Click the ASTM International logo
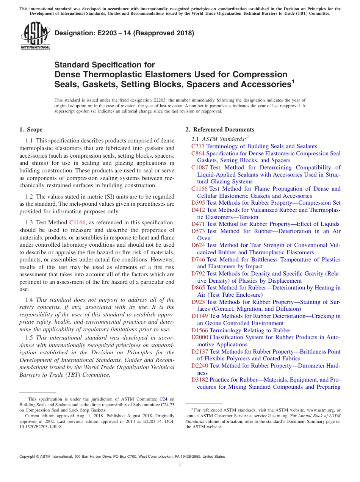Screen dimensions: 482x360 (35, 36)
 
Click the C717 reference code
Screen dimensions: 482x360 (198, 146)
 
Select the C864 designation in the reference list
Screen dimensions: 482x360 (198, 153)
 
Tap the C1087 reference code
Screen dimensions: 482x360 (200, 167)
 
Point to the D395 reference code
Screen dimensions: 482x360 (198, 203)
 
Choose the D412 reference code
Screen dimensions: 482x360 (198, 210)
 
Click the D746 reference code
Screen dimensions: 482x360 (198, 260)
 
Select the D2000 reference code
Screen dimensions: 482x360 (200, 337)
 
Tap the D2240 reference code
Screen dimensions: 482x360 (200, 366)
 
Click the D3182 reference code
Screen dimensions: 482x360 (200, 380)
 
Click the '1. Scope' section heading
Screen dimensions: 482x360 (31, 130)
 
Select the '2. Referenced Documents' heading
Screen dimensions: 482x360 (220, 130)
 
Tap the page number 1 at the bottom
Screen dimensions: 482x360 (180, 466)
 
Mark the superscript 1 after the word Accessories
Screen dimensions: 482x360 (293, 81)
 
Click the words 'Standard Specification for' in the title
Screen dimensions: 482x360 (105, 65)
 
